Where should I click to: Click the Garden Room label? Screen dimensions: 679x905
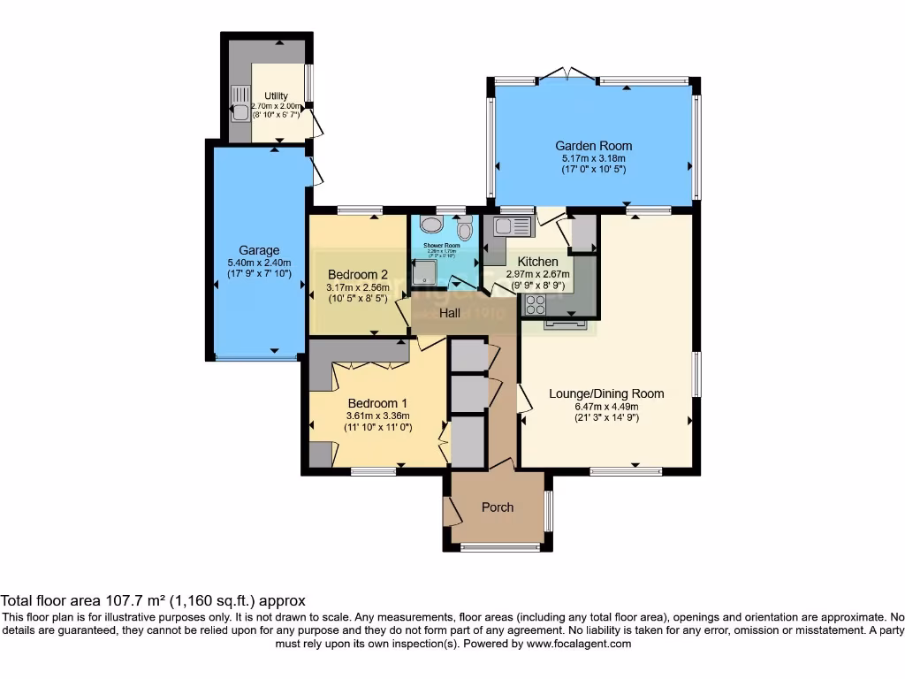coord(593,146)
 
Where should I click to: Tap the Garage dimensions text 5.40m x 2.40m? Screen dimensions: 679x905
coord(258,263)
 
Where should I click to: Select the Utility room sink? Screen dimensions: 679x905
coord(239,104)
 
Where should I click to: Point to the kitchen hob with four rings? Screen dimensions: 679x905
coord(536,304)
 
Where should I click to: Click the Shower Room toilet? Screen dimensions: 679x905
coord(465,228)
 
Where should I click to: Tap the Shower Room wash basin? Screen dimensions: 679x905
coord(430,225)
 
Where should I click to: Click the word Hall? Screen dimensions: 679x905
coord(451,313)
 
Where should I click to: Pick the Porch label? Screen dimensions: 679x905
coord(498,507)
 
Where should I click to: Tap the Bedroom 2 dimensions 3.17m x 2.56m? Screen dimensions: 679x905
coord(358,286)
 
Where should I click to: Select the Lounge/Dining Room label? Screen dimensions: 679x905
coord(606,393)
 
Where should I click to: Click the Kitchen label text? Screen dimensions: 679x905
coord(537,262)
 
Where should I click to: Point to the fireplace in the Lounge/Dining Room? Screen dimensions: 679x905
coord(565,325)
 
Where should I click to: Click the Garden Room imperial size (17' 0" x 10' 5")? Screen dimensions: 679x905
coord(593,170)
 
